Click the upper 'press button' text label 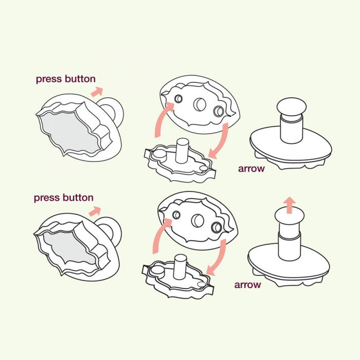click(65, 79)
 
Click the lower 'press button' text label click(63, 197)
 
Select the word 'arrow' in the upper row click(251, 168)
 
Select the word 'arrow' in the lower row click(248, 284)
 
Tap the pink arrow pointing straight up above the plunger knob click(290, 204)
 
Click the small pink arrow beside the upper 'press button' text click(96, 92)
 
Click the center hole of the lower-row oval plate click(197, 221)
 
